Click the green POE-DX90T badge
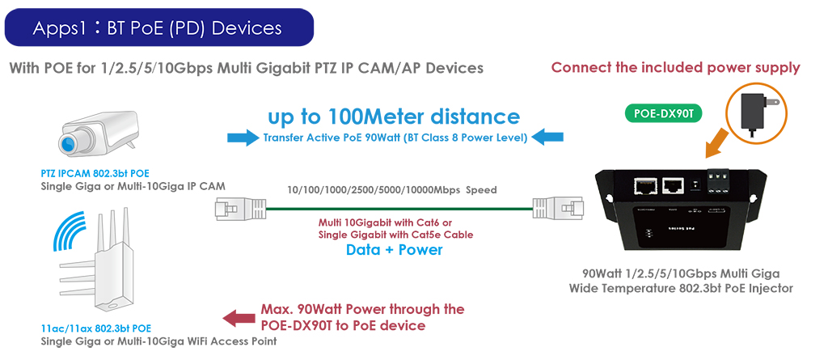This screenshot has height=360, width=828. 663,112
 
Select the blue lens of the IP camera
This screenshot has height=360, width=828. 69,144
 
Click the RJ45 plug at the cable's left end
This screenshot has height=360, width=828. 240,208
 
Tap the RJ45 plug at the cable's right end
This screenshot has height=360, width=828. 558,208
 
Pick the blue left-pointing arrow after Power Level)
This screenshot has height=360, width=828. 547,138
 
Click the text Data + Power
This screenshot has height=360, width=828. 394,249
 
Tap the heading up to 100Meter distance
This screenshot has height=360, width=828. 394,116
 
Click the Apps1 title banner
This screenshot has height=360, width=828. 159,27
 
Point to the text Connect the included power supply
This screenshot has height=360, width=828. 675,68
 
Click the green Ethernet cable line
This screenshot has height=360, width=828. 399,209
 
